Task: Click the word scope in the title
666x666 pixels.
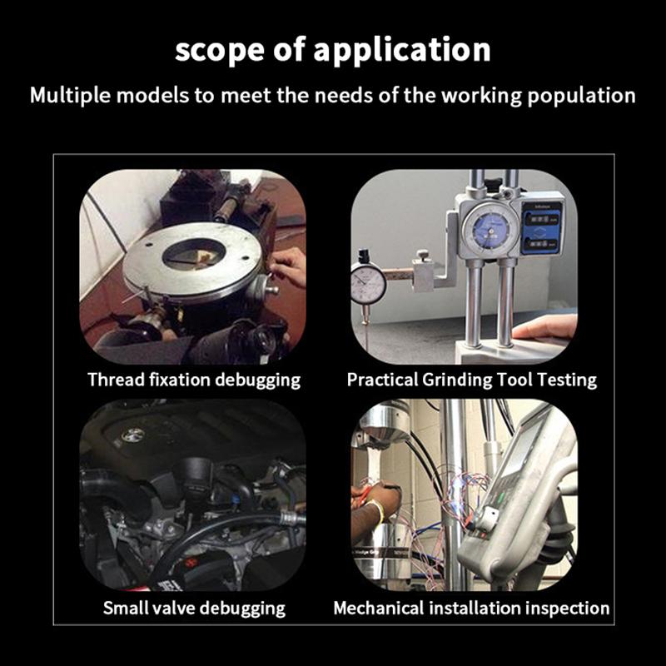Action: (x=220, y=50)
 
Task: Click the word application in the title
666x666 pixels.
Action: (x=402, y=50)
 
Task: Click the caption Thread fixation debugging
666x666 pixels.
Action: (x=194, y=380)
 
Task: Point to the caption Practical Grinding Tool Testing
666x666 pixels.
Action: (x=471, y=380)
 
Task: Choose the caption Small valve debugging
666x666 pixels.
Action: (x=194, y=609)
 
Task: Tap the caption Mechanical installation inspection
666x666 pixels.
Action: (x=471, y=609)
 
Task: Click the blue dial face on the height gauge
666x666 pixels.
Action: (x=489, y=231)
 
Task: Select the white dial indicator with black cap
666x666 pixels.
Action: (x=368, y=281)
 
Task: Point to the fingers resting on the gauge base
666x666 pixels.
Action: (x=544, y=328)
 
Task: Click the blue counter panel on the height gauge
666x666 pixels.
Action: (x=541, y=228)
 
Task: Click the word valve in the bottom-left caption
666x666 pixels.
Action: (x=174, y=609)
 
